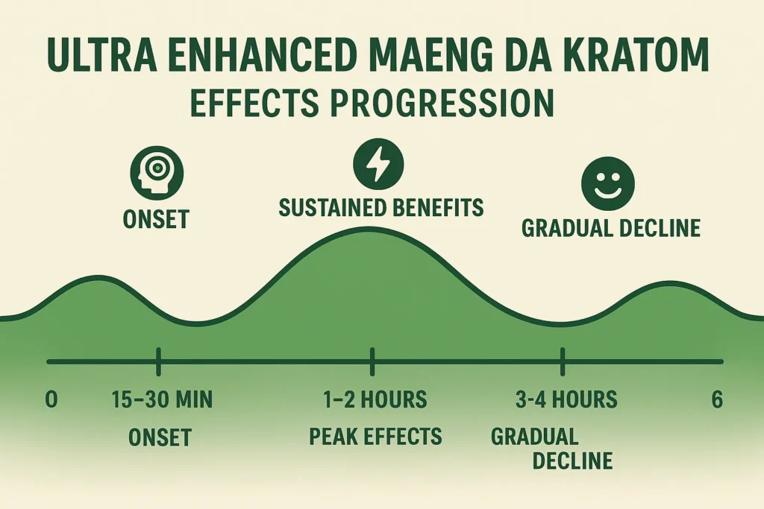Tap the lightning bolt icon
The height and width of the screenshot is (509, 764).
click(x=378, y=165)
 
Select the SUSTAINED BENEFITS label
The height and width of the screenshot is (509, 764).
click(x=381, y=208)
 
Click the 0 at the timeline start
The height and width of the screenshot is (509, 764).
click(x=51, y=399)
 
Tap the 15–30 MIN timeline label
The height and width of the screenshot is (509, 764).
click(x=162, y=399)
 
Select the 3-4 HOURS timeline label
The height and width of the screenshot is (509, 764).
click(x=566, y=399)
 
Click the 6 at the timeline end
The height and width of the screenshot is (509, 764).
click(x=717, y=399)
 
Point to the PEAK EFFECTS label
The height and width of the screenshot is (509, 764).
click(x=375, y=436)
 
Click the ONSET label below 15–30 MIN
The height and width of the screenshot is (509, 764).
click(x=160, y=437)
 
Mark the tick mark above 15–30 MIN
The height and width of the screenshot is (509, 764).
click(x=158, y=361)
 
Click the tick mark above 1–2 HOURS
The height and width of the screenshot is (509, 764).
click(x=372, y=361)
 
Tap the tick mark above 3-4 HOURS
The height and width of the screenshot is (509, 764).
click(x=563, y=361)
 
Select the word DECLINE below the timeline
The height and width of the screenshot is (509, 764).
click(x=572, y=460)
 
